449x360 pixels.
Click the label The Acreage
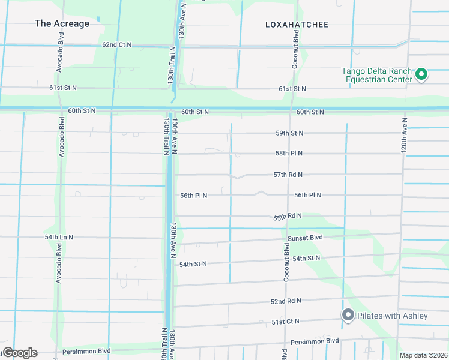click(x=62, y=24)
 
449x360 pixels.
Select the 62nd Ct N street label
click(x=116, y=45)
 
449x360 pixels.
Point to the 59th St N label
click(x=289, y=133)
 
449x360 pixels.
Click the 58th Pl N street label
click(x=289, y=154)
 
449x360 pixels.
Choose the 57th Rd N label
click(x=288, y=175)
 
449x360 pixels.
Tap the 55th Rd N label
click(x=288, y=216)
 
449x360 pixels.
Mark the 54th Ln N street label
click(x=59, y=237)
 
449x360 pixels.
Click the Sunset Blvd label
click(x=305, y=238)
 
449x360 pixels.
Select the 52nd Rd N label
click(x=286, y=301)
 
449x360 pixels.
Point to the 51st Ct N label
click(x=286, y=322)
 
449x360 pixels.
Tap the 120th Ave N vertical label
click(x=405, y=137)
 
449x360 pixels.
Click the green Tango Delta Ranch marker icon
click(x=421, y=74)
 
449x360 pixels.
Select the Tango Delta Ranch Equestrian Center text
click(x=377, y=75)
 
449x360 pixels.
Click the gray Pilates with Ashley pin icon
click(x=348, y=315)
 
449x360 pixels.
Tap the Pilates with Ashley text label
click(x=393, y=316)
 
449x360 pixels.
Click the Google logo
click(x=19, y=353)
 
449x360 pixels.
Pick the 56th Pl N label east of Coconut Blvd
click(x=308, y=195)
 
